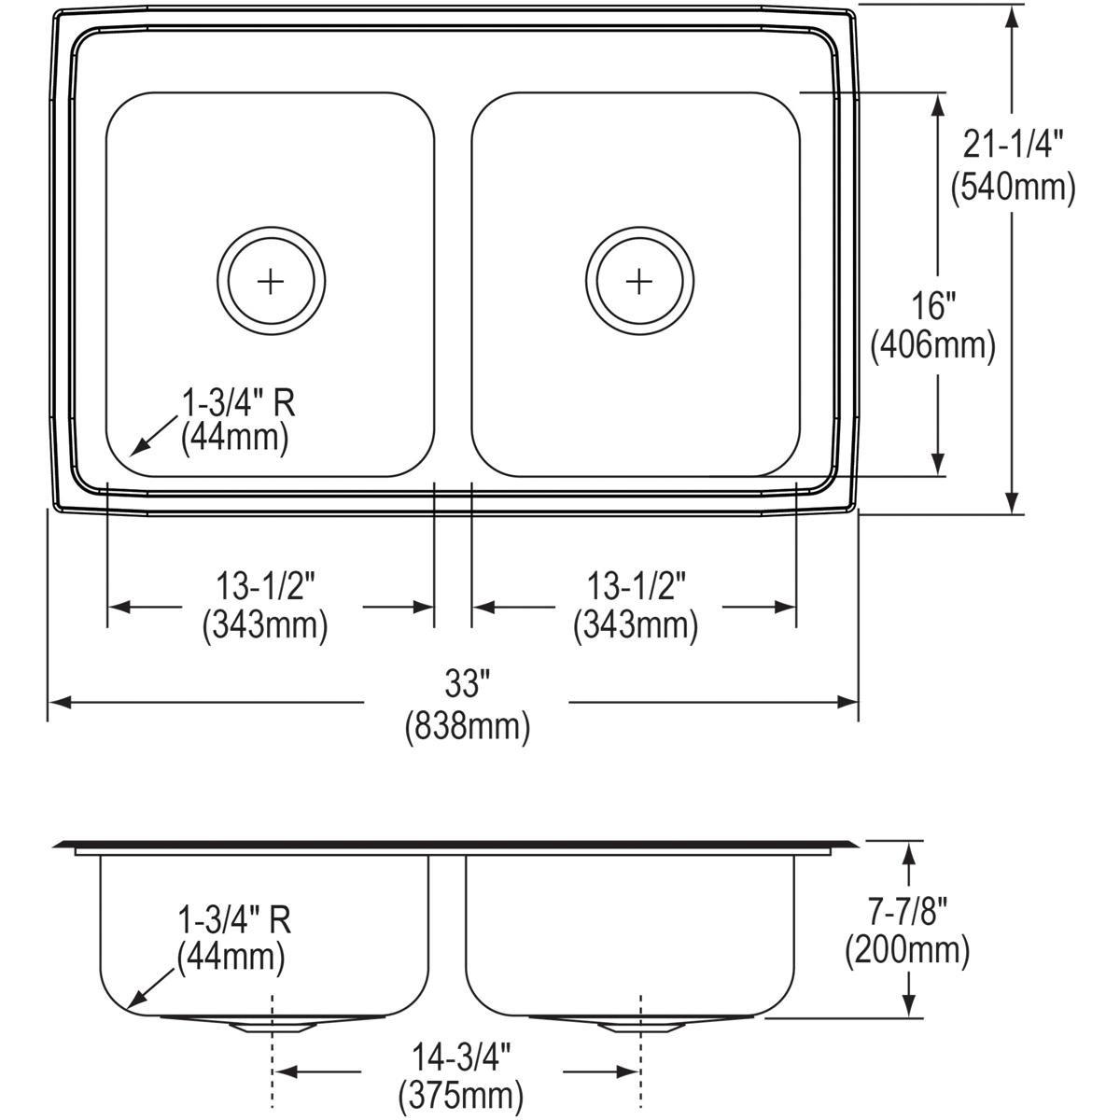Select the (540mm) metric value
(1014, 187)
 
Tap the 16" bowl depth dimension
(933, 304)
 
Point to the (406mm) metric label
(933, 346)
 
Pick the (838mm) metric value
(467, 726)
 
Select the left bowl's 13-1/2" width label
(266, 585)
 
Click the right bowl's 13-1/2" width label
(636, 585)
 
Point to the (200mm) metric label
(907, 950)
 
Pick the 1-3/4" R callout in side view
(234, 920)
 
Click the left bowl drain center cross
(271, 280)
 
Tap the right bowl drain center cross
(639, 280)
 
